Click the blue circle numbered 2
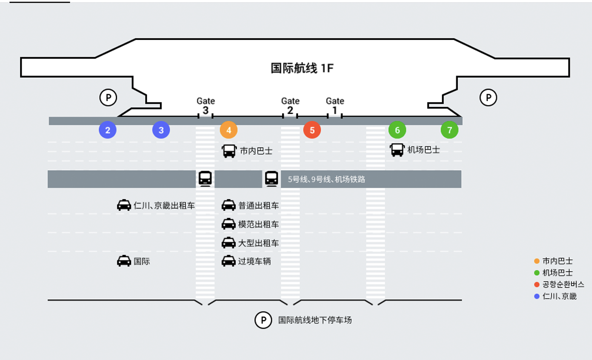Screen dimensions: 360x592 pyautogui.click(x=108, y=130)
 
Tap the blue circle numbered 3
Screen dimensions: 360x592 pyautogui.click(x=161, y=130)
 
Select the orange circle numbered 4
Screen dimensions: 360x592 pyautogui.click(x=228, y=130)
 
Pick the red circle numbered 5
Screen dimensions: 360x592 pyautogui.click(x=312, y=130)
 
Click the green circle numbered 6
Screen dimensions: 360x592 pyautogui.click(x=397, y=130)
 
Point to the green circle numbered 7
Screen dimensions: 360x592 pyautogui.click(x=449, y=130)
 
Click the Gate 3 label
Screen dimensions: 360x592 pyautogui.click(x=206, y=106)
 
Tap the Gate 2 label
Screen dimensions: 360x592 pyautogui.click(x=290, y=106)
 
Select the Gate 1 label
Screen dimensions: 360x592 pyautogui.click(x=335, y=106)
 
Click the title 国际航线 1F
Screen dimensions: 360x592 pyautogui.click(x=302, y=68)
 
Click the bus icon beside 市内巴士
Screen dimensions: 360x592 pyautogui.click(x=229, y=151)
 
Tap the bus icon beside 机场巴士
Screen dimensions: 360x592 pyautogui.click(x=397, y=149)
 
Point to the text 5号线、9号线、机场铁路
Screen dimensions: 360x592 pyautogui.click(x=327, y=180)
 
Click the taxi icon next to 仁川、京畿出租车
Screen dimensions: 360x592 pyautogui.click(x=124, y=205)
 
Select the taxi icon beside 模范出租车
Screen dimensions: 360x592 pyautogui.click(x=228, y=224)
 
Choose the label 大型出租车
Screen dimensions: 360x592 pyautogui.click(x=259, y=243)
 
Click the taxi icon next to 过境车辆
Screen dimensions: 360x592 pyautogui.click(x=228, y=261)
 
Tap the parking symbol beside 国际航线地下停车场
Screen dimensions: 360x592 pyautogui.click(x=263, y=320)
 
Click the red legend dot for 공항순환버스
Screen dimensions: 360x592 pyautogui.click(x=537, y=285)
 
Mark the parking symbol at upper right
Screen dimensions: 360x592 pyautogui.click(x=488, y=98)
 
